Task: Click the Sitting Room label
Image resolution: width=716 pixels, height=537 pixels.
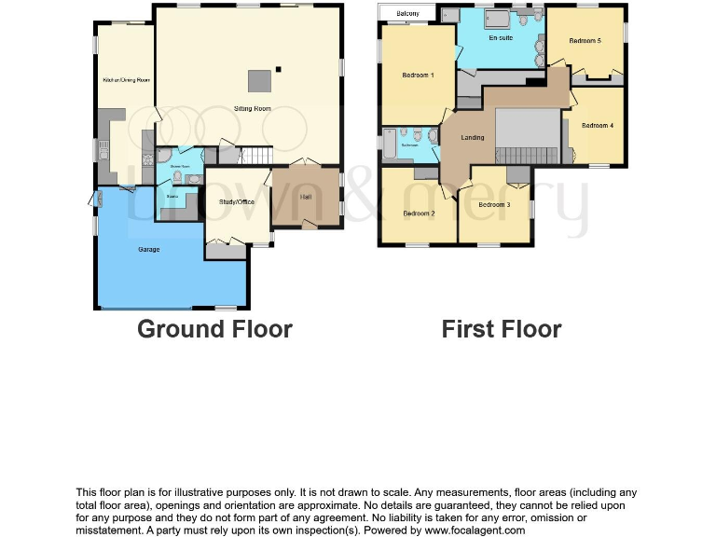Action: [x=252, y=109]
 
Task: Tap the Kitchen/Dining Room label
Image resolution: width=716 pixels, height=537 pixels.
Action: [x=126, y=80]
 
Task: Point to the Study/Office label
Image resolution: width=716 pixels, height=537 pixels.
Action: [x=237, y=201]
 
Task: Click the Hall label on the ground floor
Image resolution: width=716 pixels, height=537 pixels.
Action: [x=306, y=196]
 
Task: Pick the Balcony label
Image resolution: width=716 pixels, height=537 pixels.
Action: [x=407, y=13]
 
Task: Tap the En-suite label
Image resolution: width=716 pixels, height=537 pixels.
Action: [x=500, y=38]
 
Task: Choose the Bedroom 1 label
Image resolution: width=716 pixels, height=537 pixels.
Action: [x=418, y=75]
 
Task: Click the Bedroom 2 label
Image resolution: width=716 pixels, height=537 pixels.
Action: [x=419, y=213]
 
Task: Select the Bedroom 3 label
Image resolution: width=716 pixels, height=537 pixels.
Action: [x=494, y=205]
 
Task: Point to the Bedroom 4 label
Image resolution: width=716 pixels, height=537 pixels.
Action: [x=597, y=125]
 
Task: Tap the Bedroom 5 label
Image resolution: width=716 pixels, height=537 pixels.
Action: [x=585, y=41]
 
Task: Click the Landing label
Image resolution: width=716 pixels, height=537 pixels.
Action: [x=473, y=138]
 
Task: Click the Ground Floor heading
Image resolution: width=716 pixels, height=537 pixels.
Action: [x=214, y=329]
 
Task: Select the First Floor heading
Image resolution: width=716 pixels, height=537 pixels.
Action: [x=502, y=329]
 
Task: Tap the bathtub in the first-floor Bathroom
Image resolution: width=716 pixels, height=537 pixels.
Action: [x=389, y=145]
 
